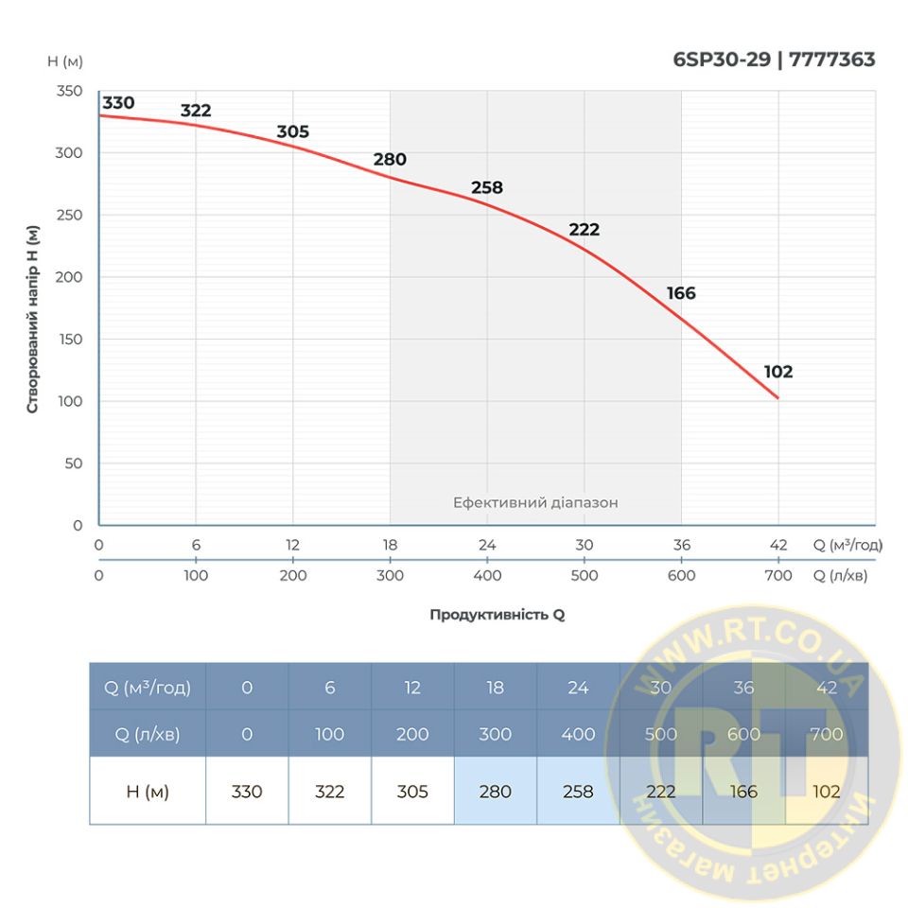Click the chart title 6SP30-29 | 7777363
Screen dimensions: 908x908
[x=774, y=60]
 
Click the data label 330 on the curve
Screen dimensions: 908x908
[x=118, y=103]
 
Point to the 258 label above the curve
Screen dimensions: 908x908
[x=487, y=187]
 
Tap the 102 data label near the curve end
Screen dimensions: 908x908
[x=777, y=372]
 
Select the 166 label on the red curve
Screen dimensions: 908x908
[x=681, y=293]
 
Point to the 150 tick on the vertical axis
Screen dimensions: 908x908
[x=70, y=340]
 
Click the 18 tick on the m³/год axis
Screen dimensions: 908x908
[x=390, y=545]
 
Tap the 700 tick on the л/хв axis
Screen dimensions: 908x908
[x=777, y=575]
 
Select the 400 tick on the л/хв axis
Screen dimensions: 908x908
[x=487, y=575]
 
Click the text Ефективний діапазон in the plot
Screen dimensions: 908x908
[x=535, y=502]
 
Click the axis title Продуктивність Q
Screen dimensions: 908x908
[x=497, y=614]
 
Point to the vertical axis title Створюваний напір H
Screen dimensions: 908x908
[x=33, y=319]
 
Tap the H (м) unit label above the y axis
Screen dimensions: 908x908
[x=65, y=61]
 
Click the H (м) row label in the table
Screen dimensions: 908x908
[x=148, y=791]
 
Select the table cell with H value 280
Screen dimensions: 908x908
[x=495, y=791]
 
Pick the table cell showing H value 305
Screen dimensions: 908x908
[x=412, y=791]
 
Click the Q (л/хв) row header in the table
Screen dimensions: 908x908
[x=148, y=734]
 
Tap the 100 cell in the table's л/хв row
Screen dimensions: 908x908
[x=329, y=734]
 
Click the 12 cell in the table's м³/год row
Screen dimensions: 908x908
[x=412, y=688]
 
